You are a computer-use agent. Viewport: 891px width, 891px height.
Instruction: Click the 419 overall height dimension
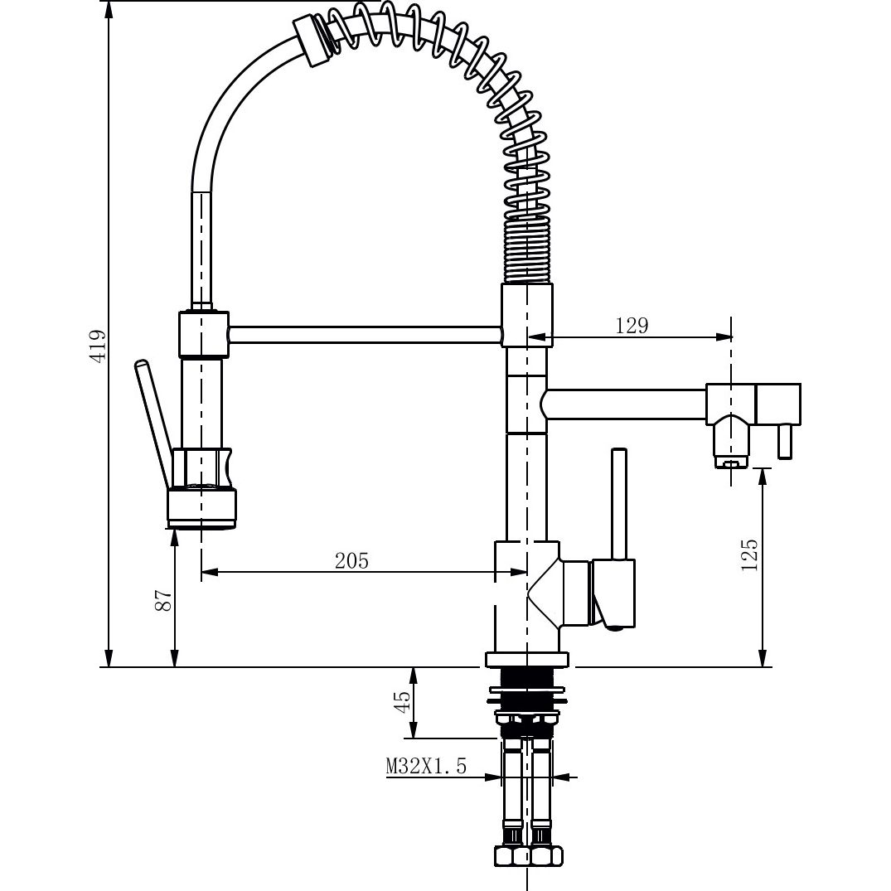[x=98, y=346]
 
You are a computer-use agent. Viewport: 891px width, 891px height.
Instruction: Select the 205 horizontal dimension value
[x=351, y=560]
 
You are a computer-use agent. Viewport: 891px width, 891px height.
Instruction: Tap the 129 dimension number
[x=632, y=325]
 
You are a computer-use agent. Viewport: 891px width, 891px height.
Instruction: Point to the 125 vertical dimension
[x=749, y=556]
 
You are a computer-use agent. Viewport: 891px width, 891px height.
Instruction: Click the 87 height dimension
[x=163, y=601]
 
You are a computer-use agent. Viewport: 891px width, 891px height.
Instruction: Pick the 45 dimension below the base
[x=402, y=702]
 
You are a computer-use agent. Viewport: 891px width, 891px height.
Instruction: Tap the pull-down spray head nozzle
[x=201, y=507]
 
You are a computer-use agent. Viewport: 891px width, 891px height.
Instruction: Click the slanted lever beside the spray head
[x=155, y=423]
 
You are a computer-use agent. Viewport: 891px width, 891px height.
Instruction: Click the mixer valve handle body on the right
[x=613, y=593]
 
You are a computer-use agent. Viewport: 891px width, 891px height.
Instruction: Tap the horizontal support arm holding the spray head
[x=365, y=334]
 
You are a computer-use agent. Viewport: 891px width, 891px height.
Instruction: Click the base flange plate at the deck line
[x=526, y=660]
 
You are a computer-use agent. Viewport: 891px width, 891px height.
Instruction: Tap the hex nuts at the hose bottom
[x=527, y=855]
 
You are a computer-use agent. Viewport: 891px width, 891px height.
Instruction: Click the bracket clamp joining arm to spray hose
[x=202, y=333]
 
